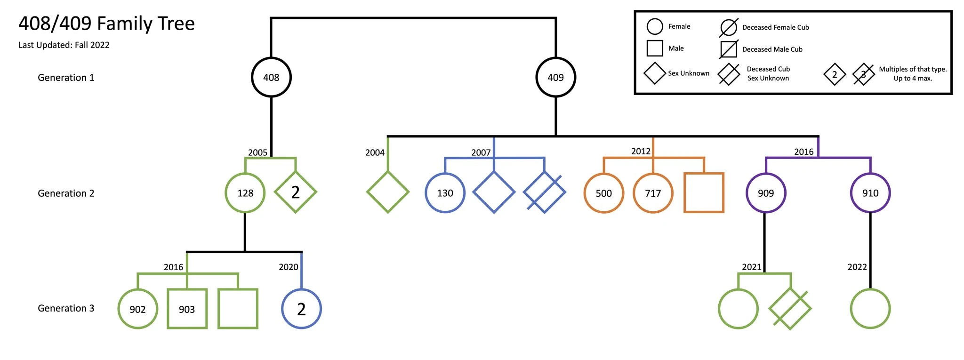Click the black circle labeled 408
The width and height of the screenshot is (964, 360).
pyautogui.click(x=271, y=78)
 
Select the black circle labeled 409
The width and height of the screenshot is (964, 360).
pyautogui.click(x=555, y=78)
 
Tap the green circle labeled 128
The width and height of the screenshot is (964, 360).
pyautogui.click(x=245, y=193)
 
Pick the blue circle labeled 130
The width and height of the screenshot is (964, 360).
pyautogui.click(x=445, y=193)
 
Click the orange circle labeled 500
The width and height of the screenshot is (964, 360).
pyautogui.click(x=603, y=193)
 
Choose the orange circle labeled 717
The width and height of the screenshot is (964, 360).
pyautogui.click(x=653, y=193)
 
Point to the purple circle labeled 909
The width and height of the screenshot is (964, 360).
pyautogui.click(x=766, y=193)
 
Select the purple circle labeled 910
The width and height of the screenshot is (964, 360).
pyautogui.click(x=870, y=193)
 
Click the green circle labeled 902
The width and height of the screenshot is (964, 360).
pyautogui.click(x=137, y=309)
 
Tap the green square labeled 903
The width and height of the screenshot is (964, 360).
pyautogui.click(x=187, y=309)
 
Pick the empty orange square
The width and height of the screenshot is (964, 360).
pyautogui.click(x=704, y=193)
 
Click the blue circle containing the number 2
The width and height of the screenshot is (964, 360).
pyautogui.click(x=301, y=309)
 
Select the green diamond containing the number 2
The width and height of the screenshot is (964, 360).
pyautogui.click(x=295, y=192)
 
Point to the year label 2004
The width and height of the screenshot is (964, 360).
pyautogui.click(x=375, y=152)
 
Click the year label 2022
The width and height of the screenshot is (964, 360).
pyautogui.click(x=857, y=267)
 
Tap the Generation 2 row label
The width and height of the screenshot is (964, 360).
pyautogui.click(x=66, y=193)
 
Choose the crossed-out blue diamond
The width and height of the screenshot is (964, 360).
pyautogui.click(x=545, y=192)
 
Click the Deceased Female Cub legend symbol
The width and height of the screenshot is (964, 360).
pyautogui.click(x=728, y=27)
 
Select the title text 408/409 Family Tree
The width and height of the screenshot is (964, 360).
pyautogui.click(x=106, y=24)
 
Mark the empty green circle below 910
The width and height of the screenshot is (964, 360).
pyautogui.click(x=870, y=309)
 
